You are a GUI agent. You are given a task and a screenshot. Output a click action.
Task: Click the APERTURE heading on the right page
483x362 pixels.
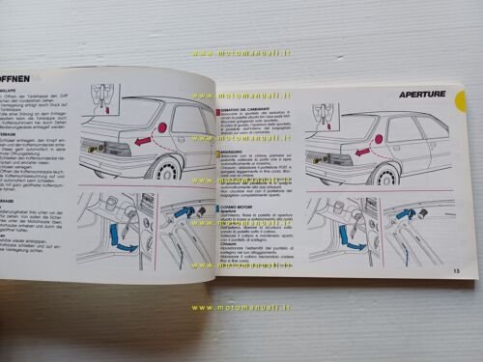point(421,95)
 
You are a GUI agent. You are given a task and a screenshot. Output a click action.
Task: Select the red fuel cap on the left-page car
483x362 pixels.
point(160,126)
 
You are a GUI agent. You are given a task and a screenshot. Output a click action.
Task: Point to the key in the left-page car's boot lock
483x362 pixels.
point(93,148)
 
